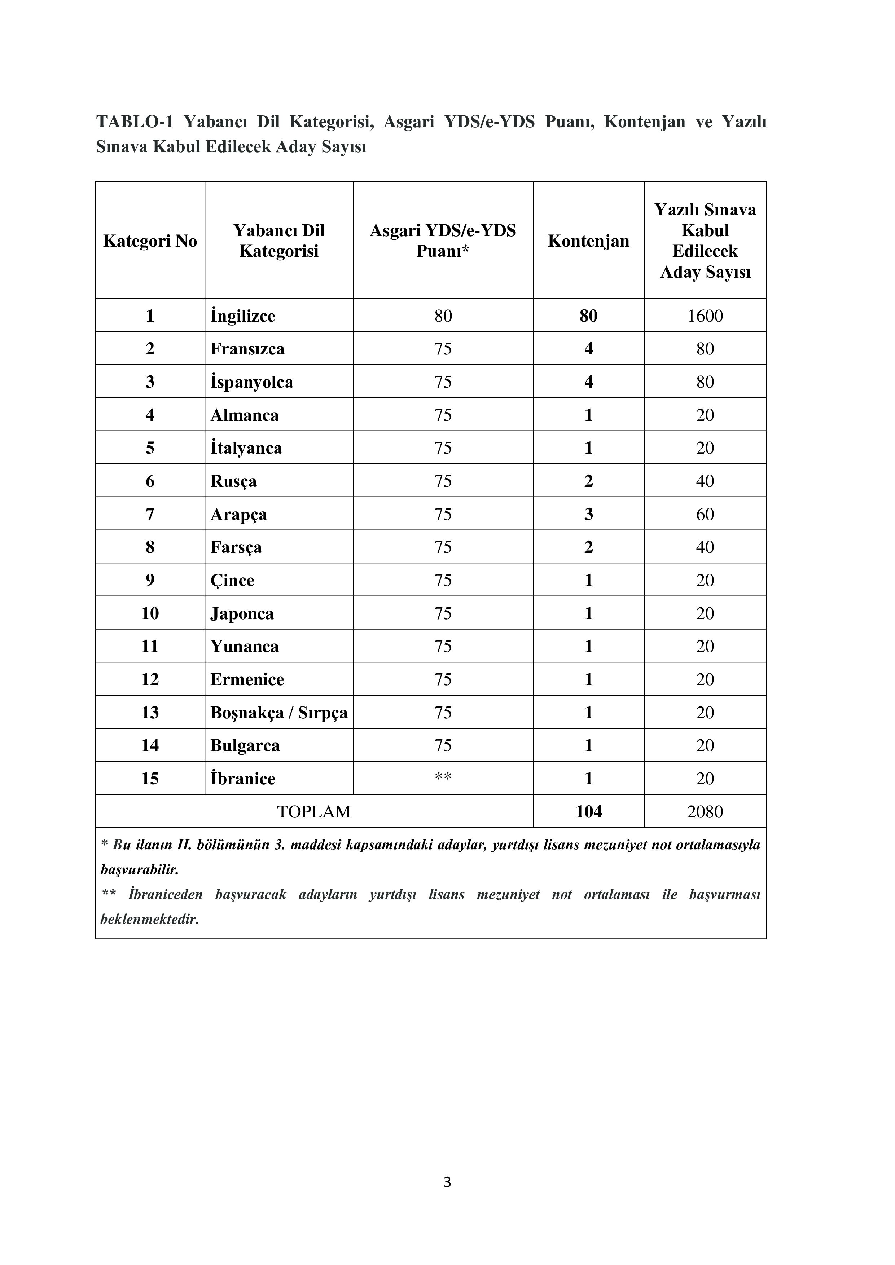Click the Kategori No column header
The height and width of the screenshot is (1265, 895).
pyautogui.click(x=150, y=241)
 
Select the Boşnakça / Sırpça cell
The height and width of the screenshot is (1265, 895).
pyautogui.click(x=279, y=713)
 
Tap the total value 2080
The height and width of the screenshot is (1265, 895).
pyautogui.click(x=705, y=812)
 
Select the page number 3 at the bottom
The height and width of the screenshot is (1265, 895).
pyautogui.click(x=447, y=1182)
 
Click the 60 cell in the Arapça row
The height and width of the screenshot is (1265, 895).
pyautogui.click(x=705, y=514)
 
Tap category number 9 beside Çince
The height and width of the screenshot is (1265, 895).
pyautogui.click(x=150, y=580)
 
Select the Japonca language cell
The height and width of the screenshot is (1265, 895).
pyautogui.click(x=242, y=613)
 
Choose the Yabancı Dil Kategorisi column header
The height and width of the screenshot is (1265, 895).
pyautogui.click(x=279, y=241)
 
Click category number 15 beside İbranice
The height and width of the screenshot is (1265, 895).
pyautogui.click(x=150, y=779)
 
